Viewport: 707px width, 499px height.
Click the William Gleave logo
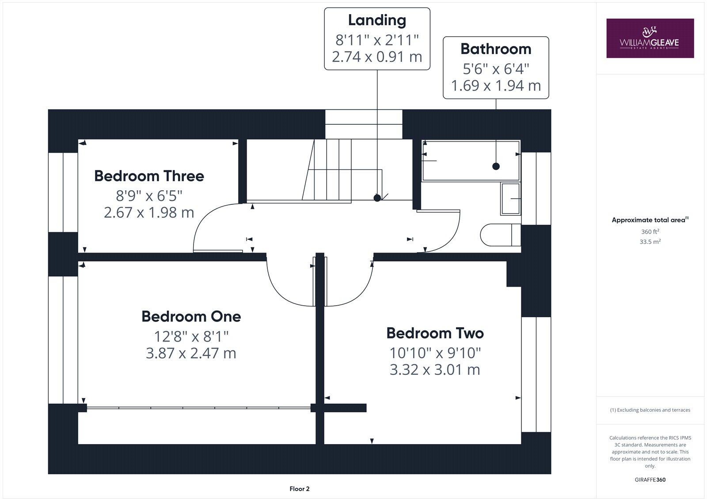pos(650,38)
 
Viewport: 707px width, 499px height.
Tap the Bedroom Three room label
pos(149,176)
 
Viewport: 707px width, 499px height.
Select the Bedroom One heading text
pos(191,316)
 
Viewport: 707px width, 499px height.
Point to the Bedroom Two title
pos(435,333)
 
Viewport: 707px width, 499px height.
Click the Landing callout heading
pos(377,20)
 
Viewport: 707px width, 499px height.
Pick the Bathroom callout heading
pos(496,49)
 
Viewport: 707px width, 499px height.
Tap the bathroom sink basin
pos(510,199)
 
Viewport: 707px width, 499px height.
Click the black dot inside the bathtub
pos(496,166)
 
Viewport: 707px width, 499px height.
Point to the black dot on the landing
pos(377,198)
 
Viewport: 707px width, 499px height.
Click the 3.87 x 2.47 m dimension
pos(191,353)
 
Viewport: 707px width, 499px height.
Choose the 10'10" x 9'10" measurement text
pos(435,353)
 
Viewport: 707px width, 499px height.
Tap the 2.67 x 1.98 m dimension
pos(149,213)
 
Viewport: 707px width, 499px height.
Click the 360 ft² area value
pos(650,232)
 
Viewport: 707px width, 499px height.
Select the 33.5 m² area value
pos(650,242)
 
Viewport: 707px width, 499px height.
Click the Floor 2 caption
pos(300,489)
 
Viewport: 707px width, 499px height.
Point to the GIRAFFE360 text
pos(650,480)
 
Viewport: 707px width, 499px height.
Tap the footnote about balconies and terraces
pos(650,410)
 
